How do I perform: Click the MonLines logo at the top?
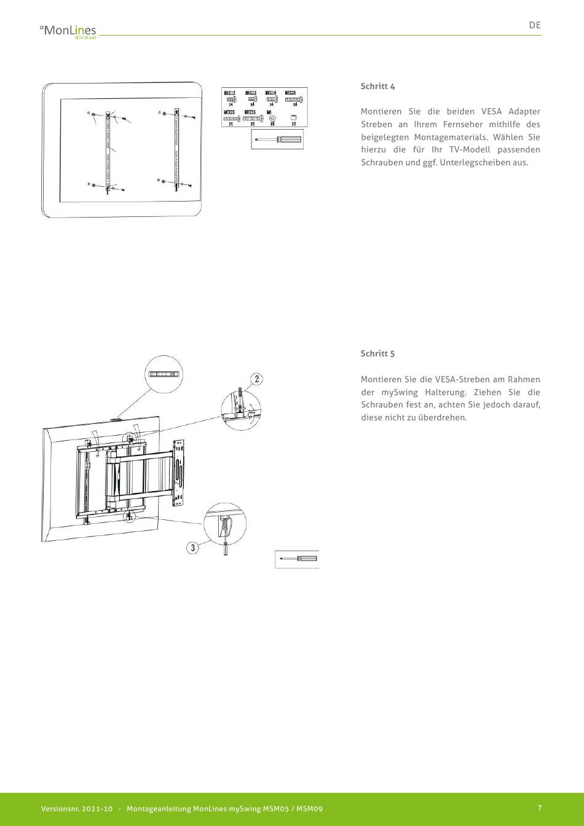[68, 30]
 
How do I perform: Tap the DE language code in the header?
[535, 25]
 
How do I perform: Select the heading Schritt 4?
[377, 86]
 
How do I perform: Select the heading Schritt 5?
[377, 353]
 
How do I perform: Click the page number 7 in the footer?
[539, 808]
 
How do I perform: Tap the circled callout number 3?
[193, 547]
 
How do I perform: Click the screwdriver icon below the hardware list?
[277, 140]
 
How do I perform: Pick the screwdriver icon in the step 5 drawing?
[298, 559]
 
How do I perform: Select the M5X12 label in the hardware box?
[229, 92]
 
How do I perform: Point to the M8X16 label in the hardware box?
[270, 92]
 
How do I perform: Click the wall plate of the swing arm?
[180, 473]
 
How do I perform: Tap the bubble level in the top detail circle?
[164, 374]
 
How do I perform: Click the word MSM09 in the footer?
[309, 809]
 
